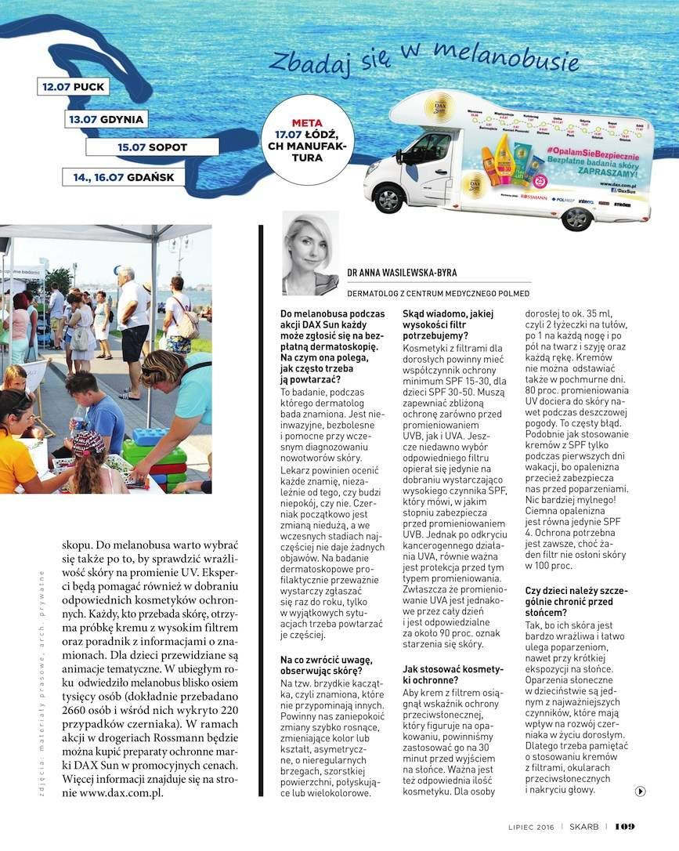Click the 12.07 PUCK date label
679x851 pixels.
click(73, 86)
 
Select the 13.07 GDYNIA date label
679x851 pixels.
click(107, 119)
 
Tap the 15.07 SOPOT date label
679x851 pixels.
click(152, 147)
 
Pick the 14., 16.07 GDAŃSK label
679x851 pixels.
click(124, 177)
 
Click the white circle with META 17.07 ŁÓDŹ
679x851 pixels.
click(307, 140)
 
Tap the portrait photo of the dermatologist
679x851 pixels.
click(310, 252)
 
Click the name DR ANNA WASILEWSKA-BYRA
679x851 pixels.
click(402, 273)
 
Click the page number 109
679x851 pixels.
click(624, 827)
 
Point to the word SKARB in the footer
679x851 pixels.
click(584, 827)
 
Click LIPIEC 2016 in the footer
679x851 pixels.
click(532, 827)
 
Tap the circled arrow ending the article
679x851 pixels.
click(640, 791)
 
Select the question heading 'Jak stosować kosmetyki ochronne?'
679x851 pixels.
click(452, 675)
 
